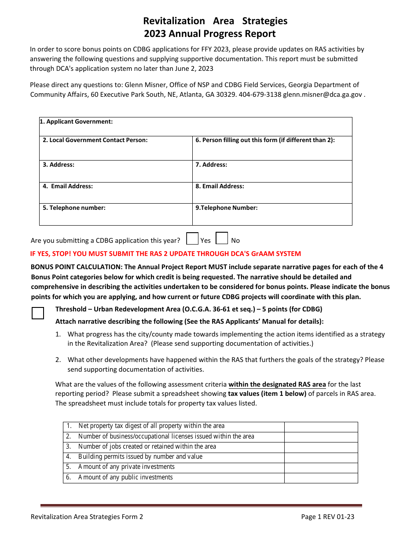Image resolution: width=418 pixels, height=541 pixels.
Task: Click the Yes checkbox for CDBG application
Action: point(192,239)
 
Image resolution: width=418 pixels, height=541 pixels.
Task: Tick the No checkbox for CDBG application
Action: point(222,238)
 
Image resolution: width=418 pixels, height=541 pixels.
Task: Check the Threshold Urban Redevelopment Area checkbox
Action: point(38,313)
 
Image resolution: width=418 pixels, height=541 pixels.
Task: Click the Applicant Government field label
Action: point(76,121)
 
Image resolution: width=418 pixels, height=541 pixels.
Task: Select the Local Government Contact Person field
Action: point(116,148)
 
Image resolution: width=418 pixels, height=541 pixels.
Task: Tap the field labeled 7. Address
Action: point(272,171)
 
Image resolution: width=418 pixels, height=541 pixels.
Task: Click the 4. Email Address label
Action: point(68,186)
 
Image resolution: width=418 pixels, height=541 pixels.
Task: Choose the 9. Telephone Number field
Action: point(272,214)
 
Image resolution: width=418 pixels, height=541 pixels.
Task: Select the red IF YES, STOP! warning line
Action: point(165,253)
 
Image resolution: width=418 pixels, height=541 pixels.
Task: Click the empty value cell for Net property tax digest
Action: point(321,426)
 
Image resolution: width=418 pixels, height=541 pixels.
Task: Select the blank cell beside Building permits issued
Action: point(321,457)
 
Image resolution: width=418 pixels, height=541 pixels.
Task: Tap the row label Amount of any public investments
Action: point(125,477)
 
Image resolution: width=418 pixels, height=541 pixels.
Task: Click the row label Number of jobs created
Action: point(147,446)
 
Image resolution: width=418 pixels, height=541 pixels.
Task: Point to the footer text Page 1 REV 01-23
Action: point(327,517)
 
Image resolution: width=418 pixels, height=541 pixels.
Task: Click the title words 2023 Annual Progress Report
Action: point(210,34)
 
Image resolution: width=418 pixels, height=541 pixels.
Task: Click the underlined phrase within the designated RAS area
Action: point(277,384)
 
